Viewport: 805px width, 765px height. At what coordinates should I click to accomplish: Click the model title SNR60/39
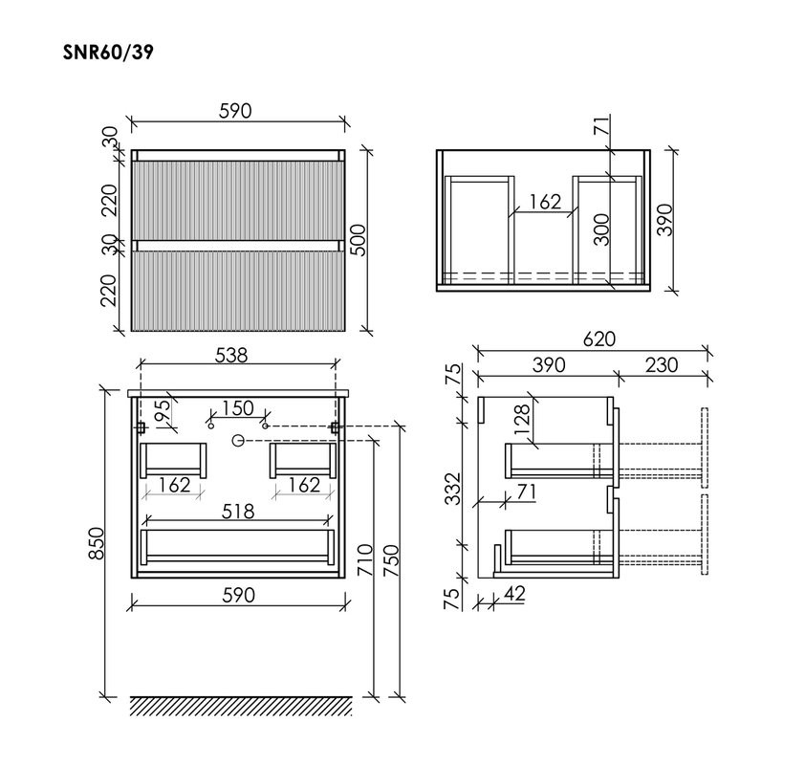point(108,51)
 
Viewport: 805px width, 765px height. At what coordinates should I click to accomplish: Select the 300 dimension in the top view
point(600,230)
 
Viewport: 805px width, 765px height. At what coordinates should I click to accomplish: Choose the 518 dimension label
point(238,512)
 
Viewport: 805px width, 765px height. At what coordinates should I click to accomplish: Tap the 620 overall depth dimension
point(598,339)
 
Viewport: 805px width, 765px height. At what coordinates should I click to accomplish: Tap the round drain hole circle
point(239,440)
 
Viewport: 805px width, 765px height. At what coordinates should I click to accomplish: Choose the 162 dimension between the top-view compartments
point(544,202)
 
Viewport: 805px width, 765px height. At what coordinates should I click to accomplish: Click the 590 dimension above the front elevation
point(235,111)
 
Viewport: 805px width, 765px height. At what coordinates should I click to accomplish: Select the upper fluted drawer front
point(237,197)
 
